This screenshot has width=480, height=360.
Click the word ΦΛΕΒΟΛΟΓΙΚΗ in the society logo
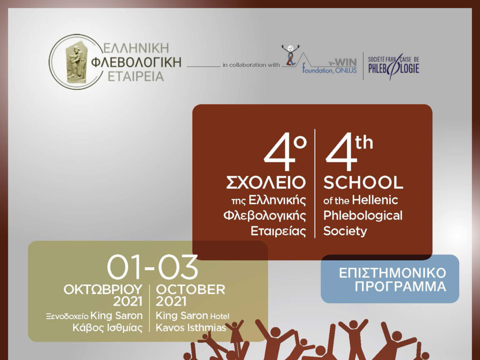[136, 62]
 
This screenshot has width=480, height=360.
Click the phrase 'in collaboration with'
[251, 65]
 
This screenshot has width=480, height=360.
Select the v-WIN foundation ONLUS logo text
[329, 66]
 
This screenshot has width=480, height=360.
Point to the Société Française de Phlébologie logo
[393, 66]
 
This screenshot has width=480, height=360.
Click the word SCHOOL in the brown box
[363, 182]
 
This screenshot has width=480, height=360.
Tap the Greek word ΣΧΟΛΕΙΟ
[266, 182]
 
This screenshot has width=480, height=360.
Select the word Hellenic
[375, 200]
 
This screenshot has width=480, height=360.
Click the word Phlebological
[363, 216]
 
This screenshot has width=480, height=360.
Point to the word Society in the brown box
[345, 231]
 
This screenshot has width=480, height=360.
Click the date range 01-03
[153, 267]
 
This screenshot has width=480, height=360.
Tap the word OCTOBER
[190, 290]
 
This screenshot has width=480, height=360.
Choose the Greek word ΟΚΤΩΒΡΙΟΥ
[103, 290]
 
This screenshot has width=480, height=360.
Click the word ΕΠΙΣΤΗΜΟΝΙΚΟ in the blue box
[392, 273]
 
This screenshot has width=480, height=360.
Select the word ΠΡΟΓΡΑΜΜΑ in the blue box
[400, 287]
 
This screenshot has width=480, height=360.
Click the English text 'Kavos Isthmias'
[191, 328]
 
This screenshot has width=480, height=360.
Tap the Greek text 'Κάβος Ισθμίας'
[108, 328]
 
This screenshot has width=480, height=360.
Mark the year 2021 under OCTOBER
[171, 301]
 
